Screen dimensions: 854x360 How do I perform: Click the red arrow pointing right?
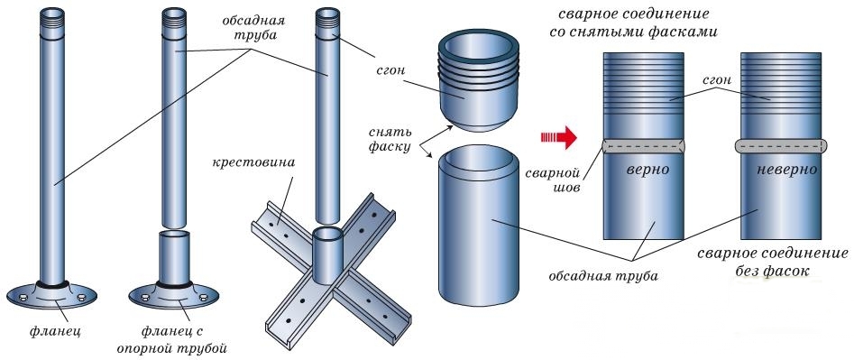pos(558,137)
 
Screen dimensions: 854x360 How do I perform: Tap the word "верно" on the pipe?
pos(644,169)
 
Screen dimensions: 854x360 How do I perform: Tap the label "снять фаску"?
pos(390,139)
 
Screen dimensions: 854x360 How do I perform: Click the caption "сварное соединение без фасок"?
pos(772,262)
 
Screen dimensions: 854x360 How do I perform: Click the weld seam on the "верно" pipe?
pos(643,145)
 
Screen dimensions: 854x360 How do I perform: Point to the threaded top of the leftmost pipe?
pos(52,18)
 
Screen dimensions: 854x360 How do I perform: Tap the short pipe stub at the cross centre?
pos(327,254)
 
